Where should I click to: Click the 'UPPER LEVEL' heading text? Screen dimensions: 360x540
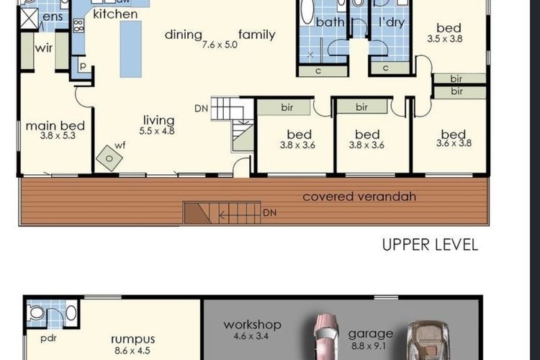(x=430, y=245)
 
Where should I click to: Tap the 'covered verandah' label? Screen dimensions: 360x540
(x=359, y=197)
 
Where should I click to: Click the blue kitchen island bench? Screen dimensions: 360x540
(x=130, y=48)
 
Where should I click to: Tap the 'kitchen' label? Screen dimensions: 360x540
(x=115, y=14)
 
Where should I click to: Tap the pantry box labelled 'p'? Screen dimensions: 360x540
(x=83, y=66)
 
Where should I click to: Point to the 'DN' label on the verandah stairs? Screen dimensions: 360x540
(x=269, y=213)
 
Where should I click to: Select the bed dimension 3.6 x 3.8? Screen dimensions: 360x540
(x=454, y=143)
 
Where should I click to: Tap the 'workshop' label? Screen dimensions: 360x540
(x=252, y=325)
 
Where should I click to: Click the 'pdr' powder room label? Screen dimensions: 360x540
(x=49, y=337)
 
